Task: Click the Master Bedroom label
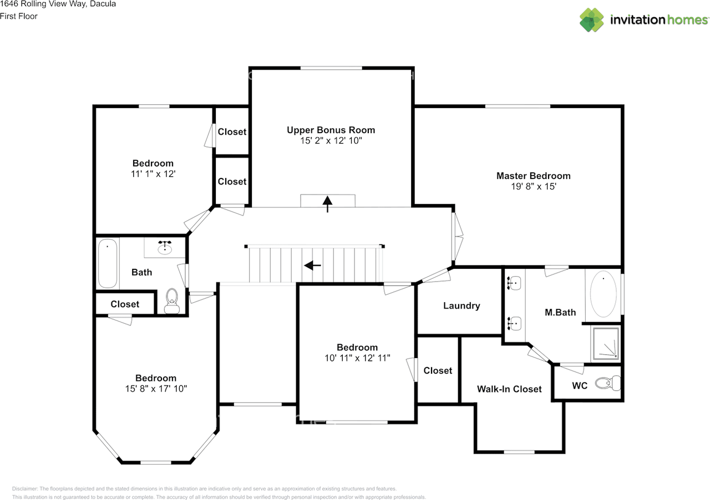[533, 176]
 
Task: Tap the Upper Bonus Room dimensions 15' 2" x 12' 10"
[331, 141]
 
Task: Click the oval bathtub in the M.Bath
[603, 294]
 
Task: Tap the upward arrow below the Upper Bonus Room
[327, 203]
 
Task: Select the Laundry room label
[461, 305]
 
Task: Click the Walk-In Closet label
[509, 389]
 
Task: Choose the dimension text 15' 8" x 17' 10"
[156, 389]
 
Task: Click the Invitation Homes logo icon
[592, 19]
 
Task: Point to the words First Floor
[19, 16]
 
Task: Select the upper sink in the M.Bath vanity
[514, 283]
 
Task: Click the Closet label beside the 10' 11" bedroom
[438, 370]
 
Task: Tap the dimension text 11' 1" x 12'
[153, 174]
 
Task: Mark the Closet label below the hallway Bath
[125, 304]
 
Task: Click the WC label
[580, 385]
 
